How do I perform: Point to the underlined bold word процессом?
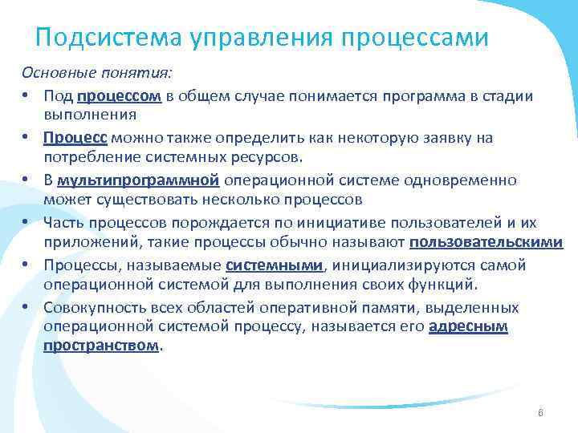tap(120, 96)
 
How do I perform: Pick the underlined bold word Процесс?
tap(76, 138)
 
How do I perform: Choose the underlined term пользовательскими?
tap(486, 243)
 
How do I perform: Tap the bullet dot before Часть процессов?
tap(26, 223)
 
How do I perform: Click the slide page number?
tap(540, 413)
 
